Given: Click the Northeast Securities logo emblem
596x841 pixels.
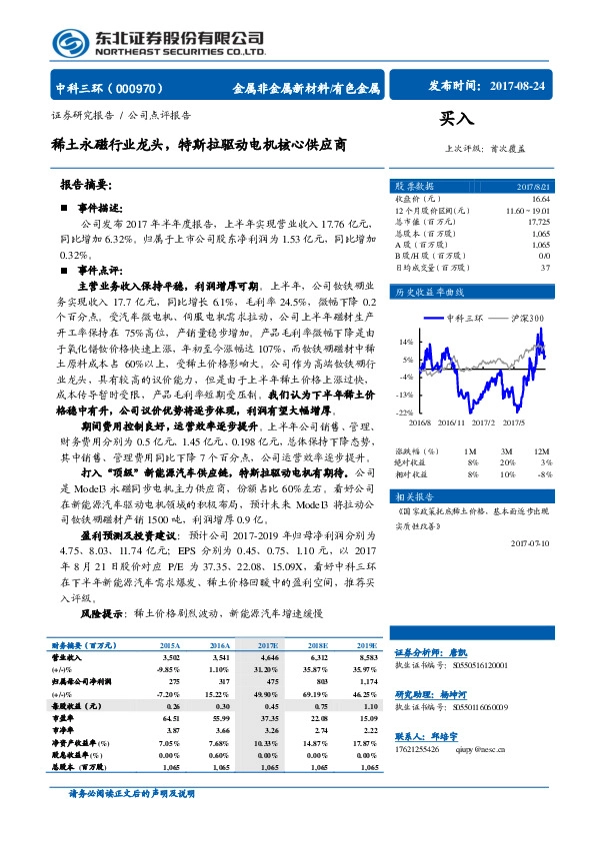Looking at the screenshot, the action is coord(69,42).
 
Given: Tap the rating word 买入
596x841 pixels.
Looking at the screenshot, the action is coord(455,118).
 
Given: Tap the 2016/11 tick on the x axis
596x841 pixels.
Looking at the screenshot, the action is coord(451,422).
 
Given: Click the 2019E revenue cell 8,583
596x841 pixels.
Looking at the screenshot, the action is coord(364,658).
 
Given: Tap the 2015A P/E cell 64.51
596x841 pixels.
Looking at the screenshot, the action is coord(168,717).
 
